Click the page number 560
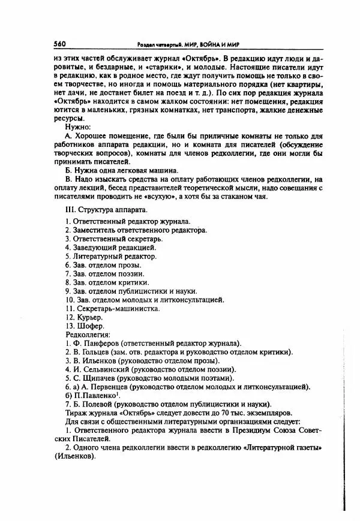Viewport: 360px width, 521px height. point(59,44)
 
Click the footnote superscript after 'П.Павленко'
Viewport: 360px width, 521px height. point(119,394)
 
